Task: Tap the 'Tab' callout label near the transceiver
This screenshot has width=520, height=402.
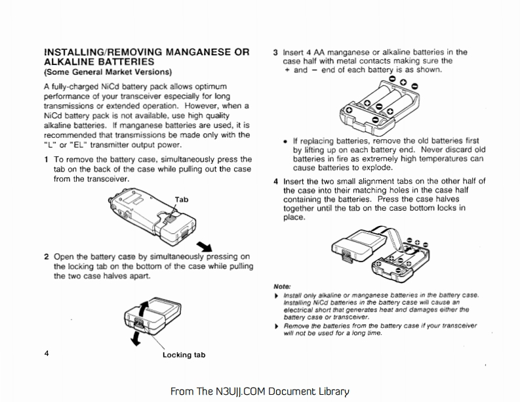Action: pyautogui.click(x=182, y=199)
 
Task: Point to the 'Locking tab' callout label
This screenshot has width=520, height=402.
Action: pyautogui.click(x=184, y=355)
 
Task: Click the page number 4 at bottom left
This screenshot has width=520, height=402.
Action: pyautogui.click(x=47, y=353)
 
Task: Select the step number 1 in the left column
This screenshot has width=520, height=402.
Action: pyautogui.click(x=46, y=160)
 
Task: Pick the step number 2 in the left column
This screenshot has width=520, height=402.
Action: pyautogui.click(x=46, y=257)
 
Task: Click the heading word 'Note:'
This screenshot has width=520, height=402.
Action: pyautogui.click(x=281, y=286)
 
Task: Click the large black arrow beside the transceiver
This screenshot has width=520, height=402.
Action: pyautogui.click(x=204, y=246)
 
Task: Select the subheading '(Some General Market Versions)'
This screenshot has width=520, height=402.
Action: pyautogui.click(x=108, y=71)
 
